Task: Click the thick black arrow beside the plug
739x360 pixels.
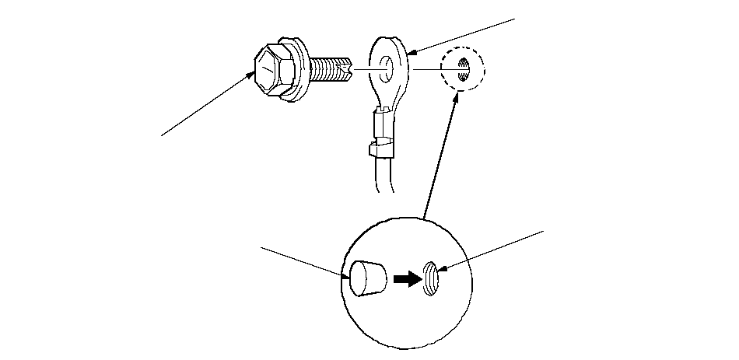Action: coord(407,278)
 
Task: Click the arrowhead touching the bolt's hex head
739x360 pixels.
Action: coord(252,74)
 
